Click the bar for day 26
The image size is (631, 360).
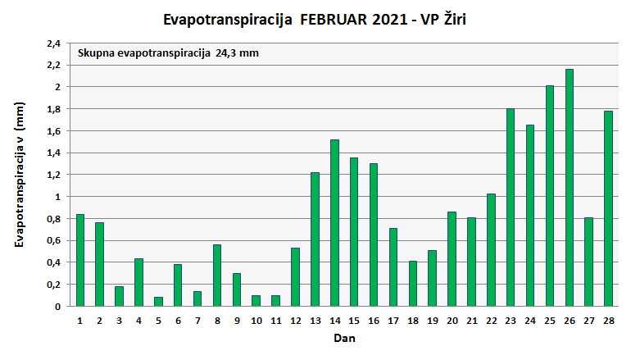pyautogui.click(x=570, y=188)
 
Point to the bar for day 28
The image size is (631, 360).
pyautogui.click(x=609, y=208)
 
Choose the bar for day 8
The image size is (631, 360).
pyautogui.click(x=217, y=276)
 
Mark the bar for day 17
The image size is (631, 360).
pyautogui.click(x=393, y=267)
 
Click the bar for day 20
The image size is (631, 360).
pyautogui.click(x=452, y=259)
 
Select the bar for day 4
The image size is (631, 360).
pyautogui.click(x=139, y=282)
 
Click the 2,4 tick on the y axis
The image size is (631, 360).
pyautogui.click(x=53, y=43)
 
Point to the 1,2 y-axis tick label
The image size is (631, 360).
pyautogui.click(x=53, y=175)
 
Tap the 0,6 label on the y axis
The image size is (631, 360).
pyautogui.click(x=53, y=240)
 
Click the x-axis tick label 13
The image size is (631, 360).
pyautogui.click(x=315, y=321)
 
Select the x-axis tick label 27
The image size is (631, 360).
pyautogui.click(x=589, y=321)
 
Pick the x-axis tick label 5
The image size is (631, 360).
pyautogui.click(x=158, y=321)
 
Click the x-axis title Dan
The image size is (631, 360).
pyautogui.click(x=344, y=337)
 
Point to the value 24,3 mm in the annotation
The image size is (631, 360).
pyautogui.click(x=237, y=54)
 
